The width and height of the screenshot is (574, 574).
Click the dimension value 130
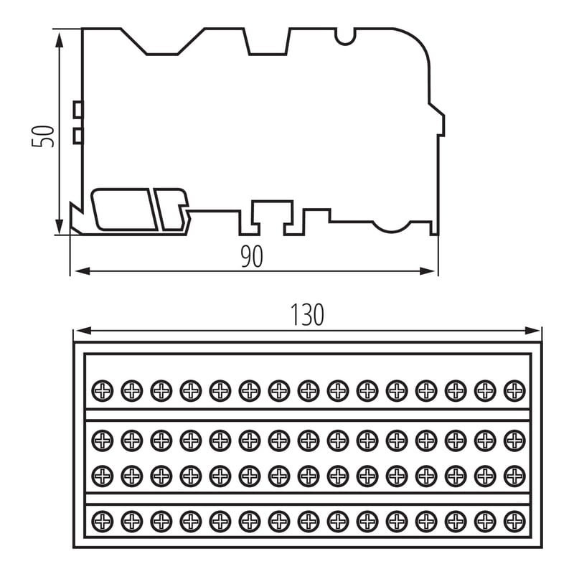(x=307, y=315)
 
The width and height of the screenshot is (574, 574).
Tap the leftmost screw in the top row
(x=103, y=390)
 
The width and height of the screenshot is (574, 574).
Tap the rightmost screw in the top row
(x=514, y=390)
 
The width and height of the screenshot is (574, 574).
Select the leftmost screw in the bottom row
(x=103, y=519)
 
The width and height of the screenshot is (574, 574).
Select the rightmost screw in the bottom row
(x=514, y=519)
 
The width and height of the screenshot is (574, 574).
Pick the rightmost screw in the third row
(x=514, y=474)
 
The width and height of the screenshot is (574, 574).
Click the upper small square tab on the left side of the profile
(x=78, y=109)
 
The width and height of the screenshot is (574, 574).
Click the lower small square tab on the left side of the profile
(x=78, y=135)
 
